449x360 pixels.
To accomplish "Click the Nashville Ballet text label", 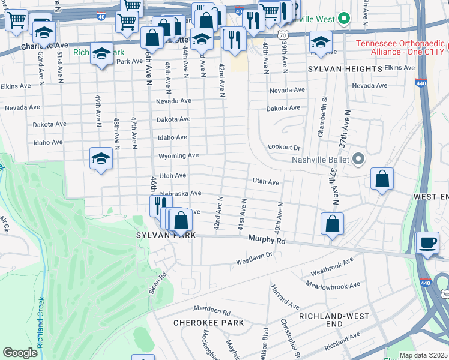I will point(321,160).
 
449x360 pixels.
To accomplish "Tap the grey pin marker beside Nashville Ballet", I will point(359,160).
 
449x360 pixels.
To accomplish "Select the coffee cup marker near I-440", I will point(427,243).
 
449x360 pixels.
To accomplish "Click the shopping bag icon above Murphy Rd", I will point(332,224).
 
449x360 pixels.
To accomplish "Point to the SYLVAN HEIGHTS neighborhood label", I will point(345,70).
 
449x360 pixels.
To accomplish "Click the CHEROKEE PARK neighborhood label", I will point(208,323).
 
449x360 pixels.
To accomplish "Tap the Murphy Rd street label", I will point(267,239).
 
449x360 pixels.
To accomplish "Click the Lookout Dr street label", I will point(284,147).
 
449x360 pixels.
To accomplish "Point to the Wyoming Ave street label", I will point(178,155).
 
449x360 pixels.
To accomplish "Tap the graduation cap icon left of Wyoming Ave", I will point(101,158).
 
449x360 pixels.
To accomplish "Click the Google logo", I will point(20,352).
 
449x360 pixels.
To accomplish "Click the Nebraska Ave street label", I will point(180,193).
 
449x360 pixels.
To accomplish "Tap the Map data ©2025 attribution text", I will point(424,355).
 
